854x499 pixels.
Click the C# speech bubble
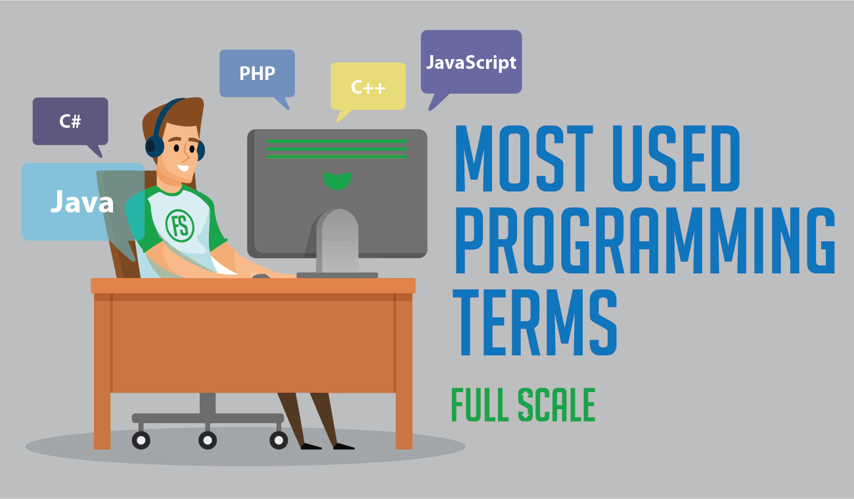click(x=70, y=121)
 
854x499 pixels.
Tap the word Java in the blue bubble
click(x=82, y=202)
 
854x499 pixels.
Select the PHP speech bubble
click(x=257, y=73)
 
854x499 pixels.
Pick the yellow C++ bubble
click(x=368, y=86)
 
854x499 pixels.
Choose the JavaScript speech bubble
click(x=471, y=62)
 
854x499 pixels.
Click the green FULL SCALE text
click(x=523, y=405)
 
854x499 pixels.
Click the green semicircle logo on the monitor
click(x=337, y=181)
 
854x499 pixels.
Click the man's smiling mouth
click(x=183, y=169)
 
